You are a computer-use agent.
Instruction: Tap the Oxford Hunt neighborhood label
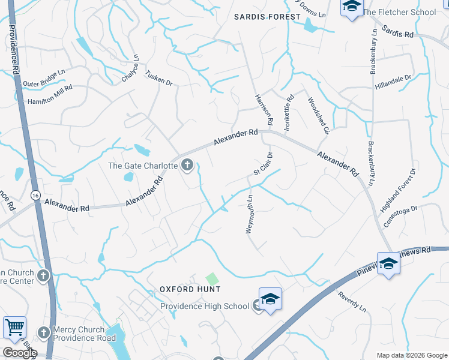pos(190,289)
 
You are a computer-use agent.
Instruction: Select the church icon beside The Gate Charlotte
pos(187,165)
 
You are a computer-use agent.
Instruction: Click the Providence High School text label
pos(204,306)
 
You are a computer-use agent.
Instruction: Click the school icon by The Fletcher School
pos(351,7)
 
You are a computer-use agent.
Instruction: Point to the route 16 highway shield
pos(35,196)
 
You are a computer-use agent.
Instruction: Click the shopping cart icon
pos(14,328)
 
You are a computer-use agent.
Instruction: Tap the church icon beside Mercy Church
pos(43,332)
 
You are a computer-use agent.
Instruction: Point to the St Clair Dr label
pos(262,164)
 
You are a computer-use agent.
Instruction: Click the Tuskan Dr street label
pos(159,78)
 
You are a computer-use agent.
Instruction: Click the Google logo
pos(19,353)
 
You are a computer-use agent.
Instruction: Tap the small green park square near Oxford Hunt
pos(212,278)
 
